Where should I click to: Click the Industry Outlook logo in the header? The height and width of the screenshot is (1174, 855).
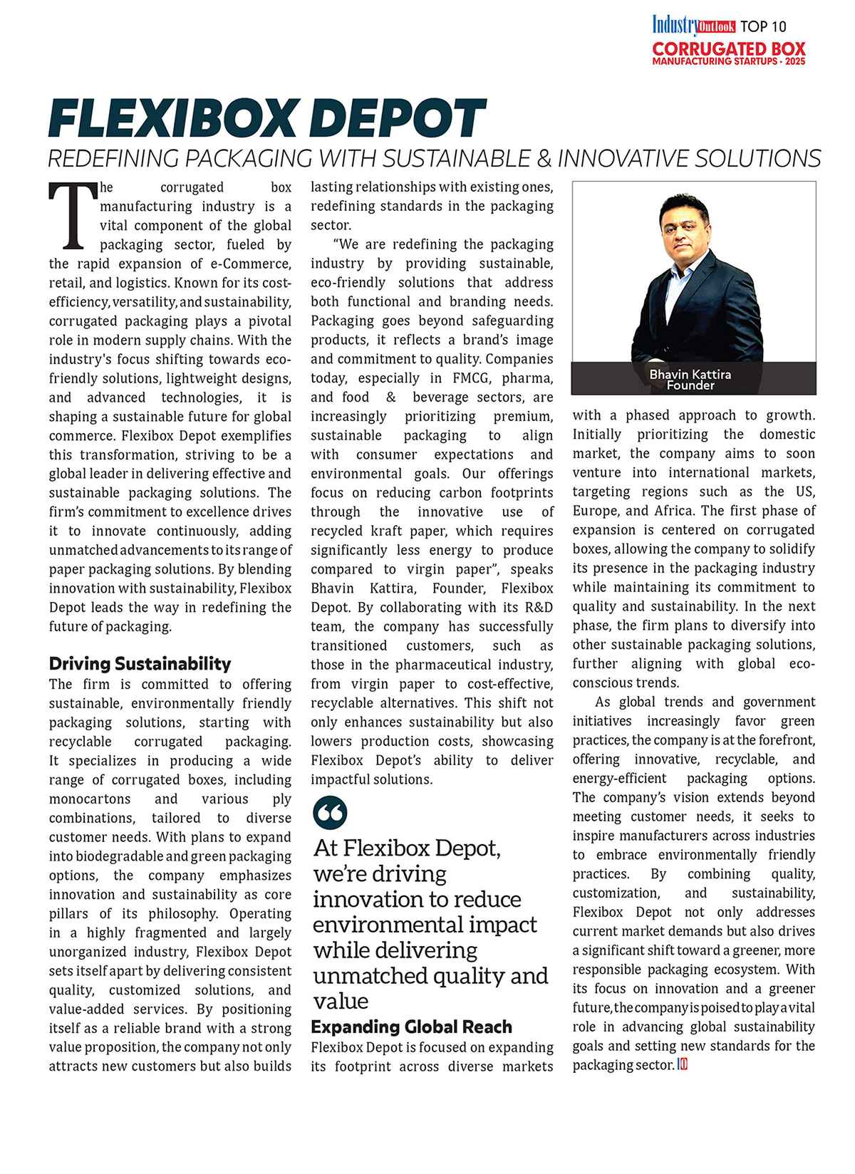pyautogui.click(x=693, y=26)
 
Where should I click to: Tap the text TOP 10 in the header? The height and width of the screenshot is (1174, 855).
pyautogui.click(x=763, y=26)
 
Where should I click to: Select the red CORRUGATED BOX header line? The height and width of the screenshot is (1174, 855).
pyautogui.click(x=729, y=49)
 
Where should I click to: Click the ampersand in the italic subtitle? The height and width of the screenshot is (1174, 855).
pyautogui.click(x=544, y=158)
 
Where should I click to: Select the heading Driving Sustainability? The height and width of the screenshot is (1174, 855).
pyautogui.click(x=140, y=664)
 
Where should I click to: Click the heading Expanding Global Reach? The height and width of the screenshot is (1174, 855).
pyautogui.click(x=411, y=1027)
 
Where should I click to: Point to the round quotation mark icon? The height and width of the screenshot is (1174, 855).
pyautogui.click(x=330, y=813)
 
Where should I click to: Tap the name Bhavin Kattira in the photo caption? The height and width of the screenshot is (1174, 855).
pyautogui.click(x=690, y=374)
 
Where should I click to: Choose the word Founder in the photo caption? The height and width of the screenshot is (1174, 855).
pyautogui.click(x=690, y=385)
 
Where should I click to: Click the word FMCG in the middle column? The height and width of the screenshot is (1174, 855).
pyautogui.click(x=466, y=378)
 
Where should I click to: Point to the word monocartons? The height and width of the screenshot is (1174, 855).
pyautogui.click(x=90, y=799)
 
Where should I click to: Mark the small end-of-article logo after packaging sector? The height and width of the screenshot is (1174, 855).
pyautogui.click(x=682, y=1065)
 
